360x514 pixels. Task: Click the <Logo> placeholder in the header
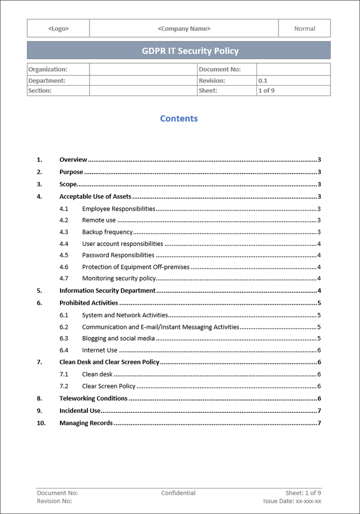(x=58, y=29)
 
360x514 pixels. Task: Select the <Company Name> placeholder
(x=184, y=29)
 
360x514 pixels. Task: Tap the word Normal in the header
(x=304, y=29)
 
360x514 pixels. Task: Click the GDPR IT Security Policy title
(x=190, y=51)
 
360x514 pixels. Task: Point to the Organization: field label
(x=48, y=70)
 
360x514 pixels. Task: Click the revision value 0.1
(x=263, y=81)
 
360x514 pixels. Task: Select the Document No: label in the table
(x=219, y=70)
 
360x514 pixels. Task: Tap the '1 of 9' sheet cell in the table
(x=266, y=91)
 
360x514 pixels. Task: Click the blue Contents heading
(x=179, y=119)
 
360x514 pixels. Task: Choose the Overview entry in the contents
(x=73, y=160)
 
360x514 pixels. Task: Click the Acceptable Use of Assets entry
(x=95, y=197)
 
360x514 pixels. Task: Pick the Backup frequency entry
(x=107, y=232)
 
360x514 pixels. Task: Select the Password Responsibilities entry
(x=118, y=255)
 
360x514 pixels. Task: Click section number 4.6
(x=64, y=267)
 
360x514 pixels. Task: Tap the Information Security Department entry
(x=107, y=290)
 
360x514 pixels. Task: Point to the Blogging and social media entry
(x=118, y=338)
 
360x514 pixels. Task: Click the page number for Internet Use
(x=319, y=350)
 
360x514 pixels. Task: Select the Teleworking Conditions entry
(x=93, y=398)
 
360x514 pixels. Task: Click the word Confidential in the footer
(x=178, y=493)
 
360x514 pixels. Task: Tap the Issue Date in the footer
(x=292, y=501)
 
